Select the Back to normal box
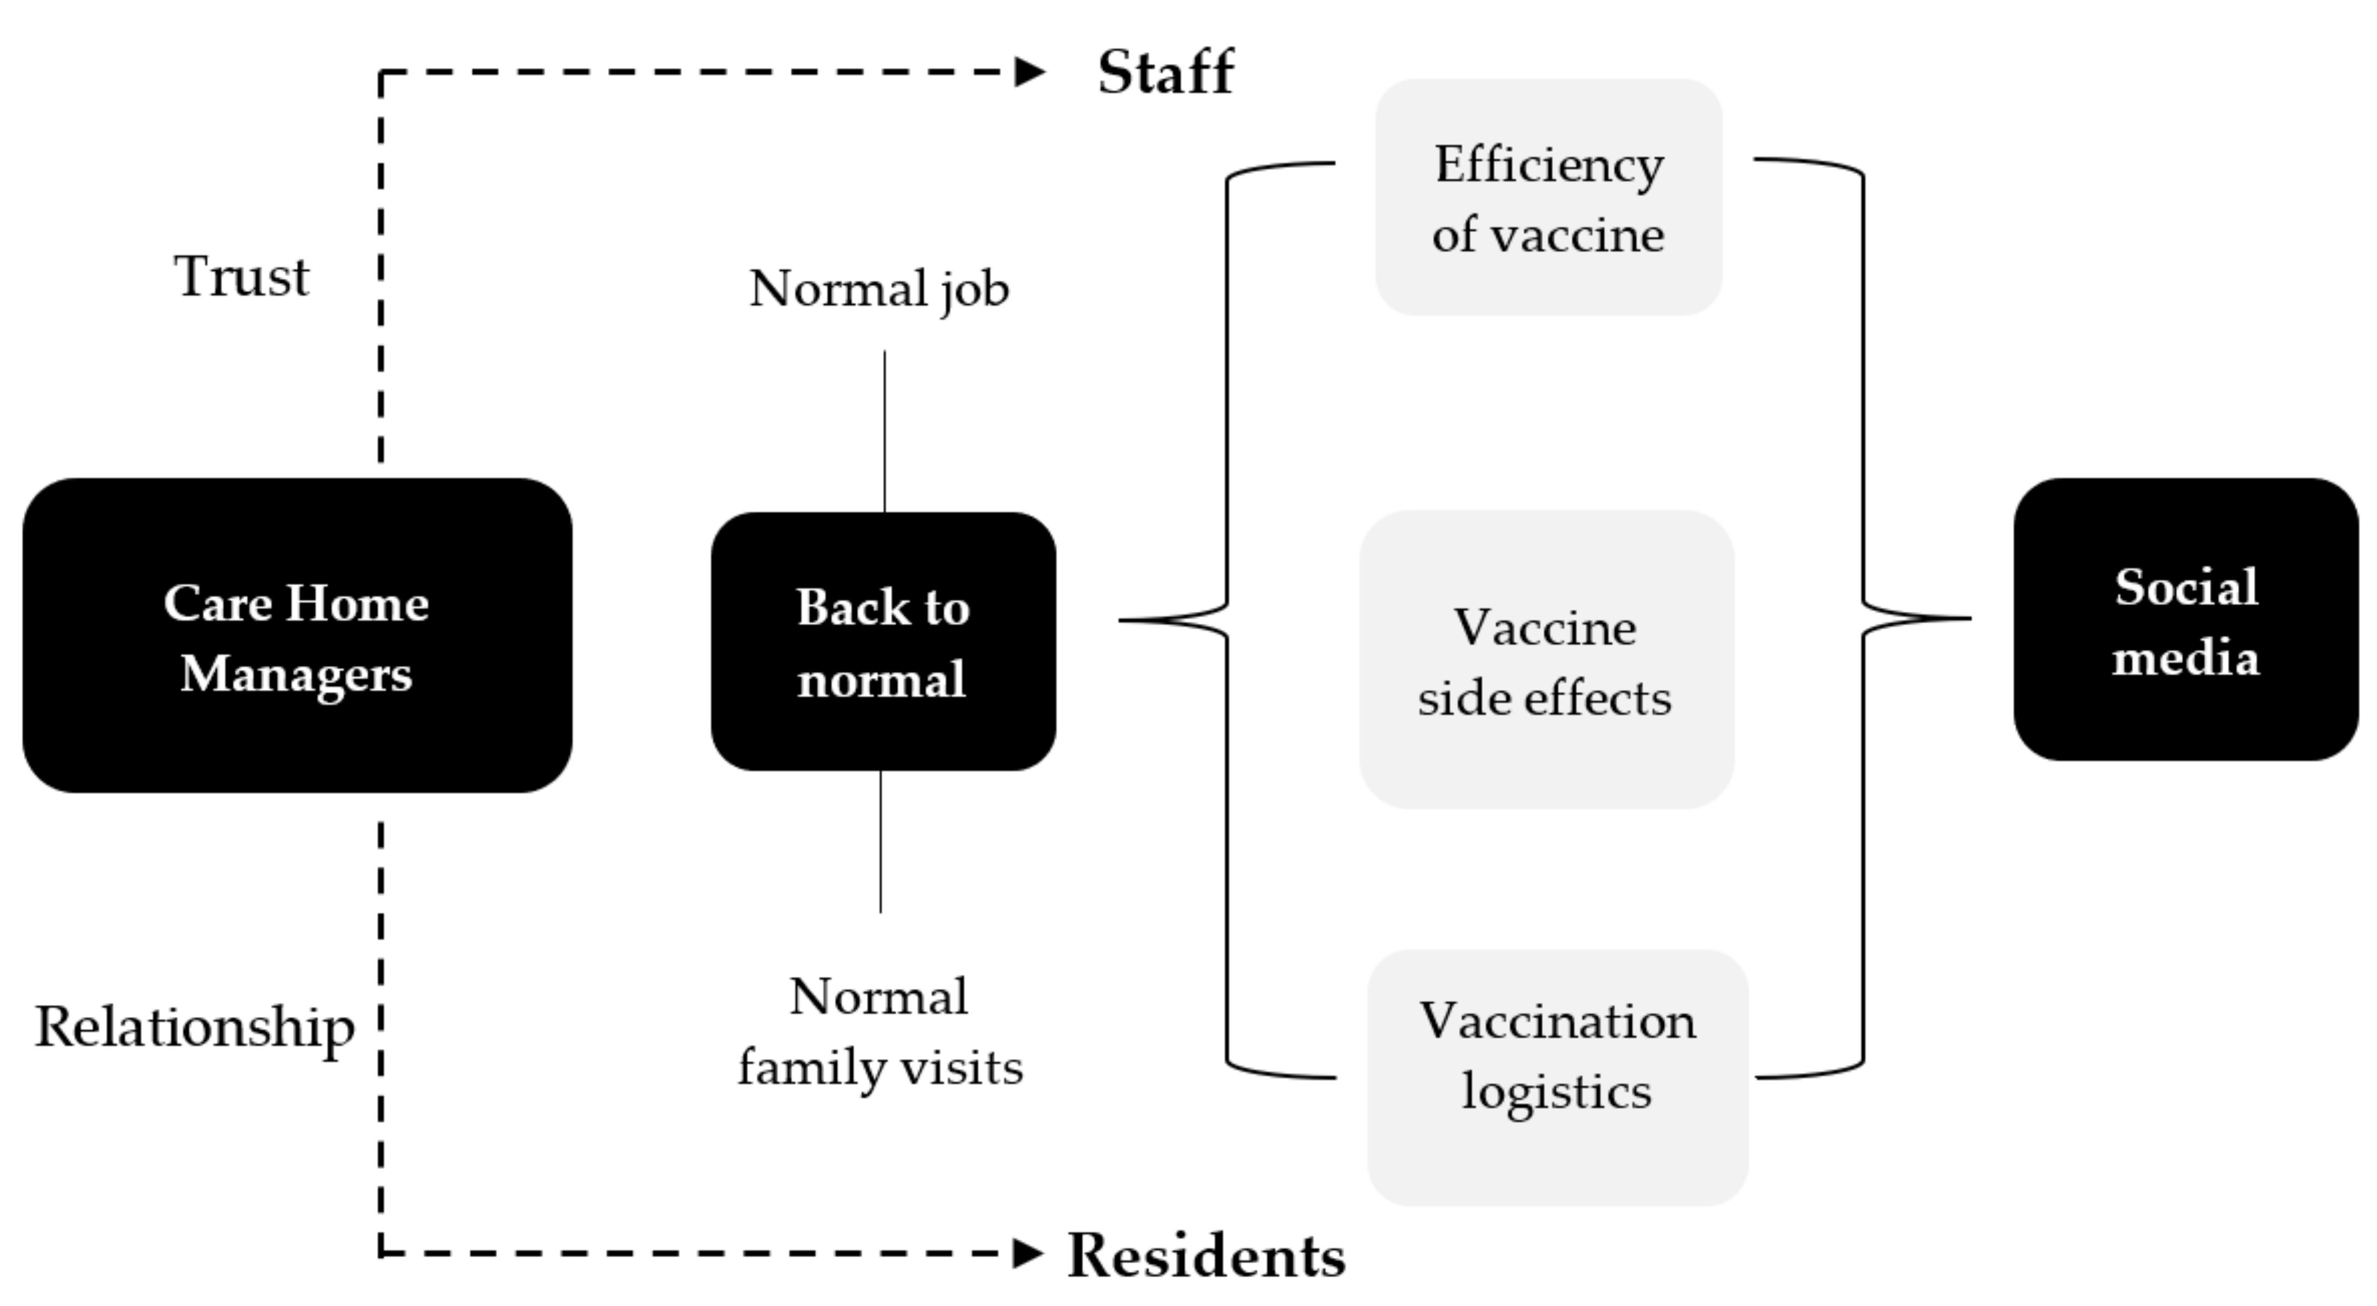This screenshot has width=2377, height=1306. (x=883, y=642)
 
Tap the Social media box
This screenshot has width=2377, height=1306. (x=2185, y=620)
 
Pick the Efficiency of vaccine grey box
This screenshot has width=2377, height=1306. (x=1548, y=197)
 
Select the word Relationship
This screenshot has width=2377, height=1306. (x=195, y=1027)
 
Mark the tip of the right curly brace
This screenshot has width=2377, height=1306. (x=1969, y=618)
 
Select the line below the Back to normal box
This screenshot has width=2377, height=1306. (x=880, y=841)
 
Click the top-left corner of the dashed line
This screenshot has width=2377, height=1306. (x=381, y=72)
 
